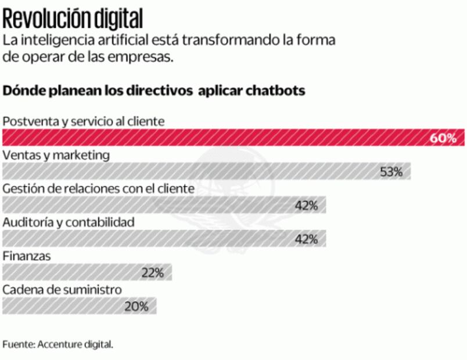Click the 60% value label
(447, 138)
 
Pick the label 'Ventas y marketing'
(56, 155)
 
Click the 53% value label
(391, 172)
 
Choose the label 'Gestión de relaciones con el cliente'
(99, 188)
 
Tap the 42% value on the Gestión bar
(306, 206)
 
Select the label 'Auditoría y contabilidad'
(69, 222)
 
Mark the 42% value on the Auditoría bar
(306, 239)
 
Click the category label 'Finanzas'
(27, 255)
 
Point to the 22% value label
(152, 272)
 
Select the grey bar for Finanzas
(70, 272)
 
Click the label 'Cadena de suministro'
(62, 289)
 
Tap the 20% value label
(136, 306)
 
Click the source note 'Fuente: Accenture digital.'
(58, 344)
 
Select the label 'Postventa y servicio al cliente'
(84, 121)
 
